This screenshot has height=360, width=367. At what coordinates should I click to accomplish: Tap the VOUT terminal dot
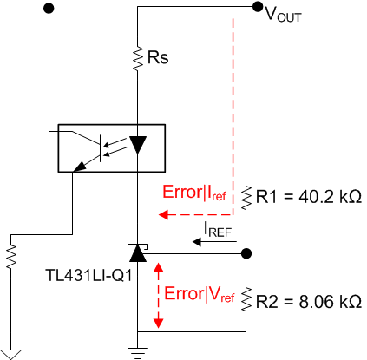coord(257,8)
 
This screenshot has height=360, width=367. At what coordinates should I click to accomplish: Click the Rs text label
coord(159,59)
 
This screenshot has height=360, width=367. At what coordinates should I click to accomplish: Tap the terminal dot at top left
coord(49,8)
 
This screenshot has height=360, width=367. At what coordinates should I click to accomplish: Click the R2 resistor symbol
coord(246,300)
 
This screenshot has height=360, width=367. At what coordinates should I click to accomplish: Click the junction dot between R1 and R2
coord(246,253)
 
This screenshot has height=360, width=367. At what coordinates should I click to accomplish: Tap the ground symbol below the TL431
coord(137,350)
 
